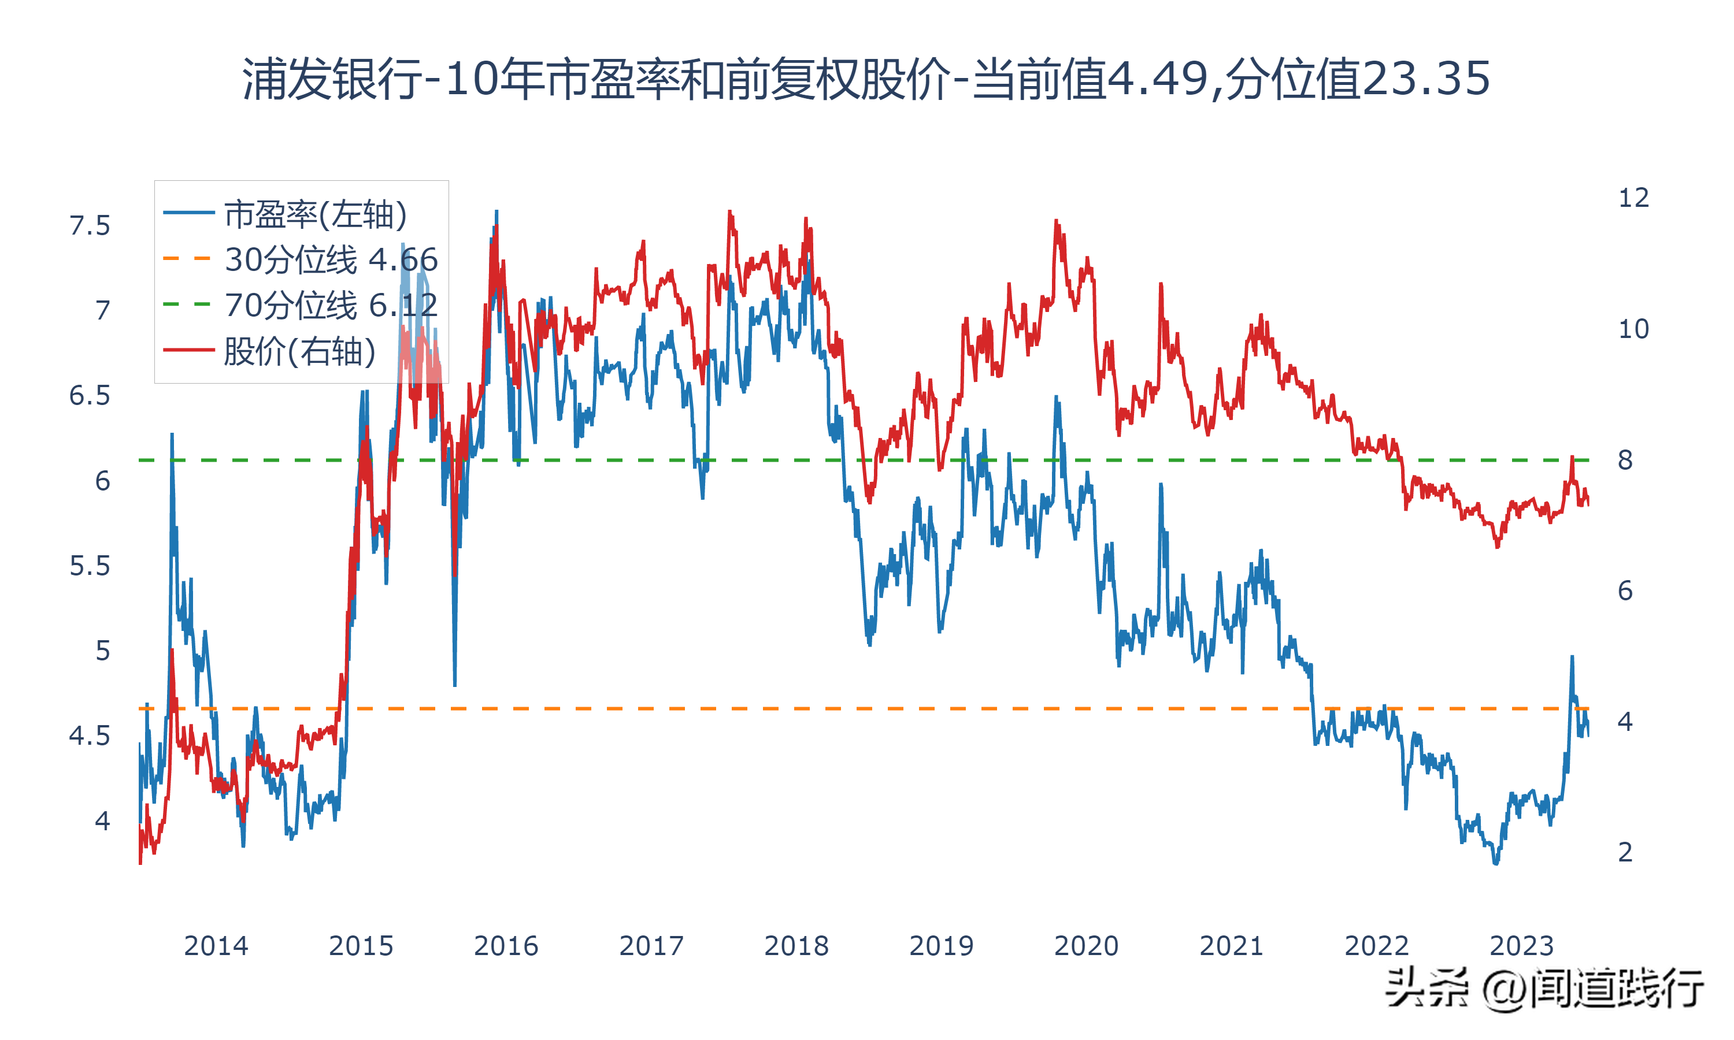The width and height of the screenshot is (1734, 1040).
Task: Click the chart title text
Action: (x=866, y=79)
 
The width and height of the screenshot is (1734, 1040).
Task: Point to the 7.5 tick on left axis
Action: (x=90, y=226)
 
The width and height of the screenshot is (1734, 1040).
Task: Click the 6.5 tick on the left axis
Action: (x=90, y=396)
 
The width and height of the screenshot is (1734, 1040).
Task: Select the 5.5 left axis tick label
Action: (x=90, y=566)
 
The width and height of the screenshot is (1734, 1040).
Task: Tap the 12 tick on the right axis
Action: (x=1633, y=198)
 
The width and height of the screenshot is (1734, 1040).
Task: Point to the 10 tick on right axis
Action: (x=1633, y=329)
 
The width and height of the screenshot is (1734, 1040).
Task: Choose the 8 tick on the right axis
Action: (x=1625, y=460)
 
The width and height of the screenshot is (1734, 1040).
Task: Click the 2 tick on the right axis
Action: (x=1625, y=852)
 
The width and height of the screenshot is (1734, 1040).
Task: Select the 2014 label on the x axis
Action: (x=216, y=946)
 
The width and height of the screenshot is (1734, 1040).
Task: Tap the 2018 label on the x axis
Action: (x=796, y=946)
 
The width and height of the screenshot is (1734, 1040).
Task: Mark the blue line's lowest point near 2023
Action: (x=1496, y=863)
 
